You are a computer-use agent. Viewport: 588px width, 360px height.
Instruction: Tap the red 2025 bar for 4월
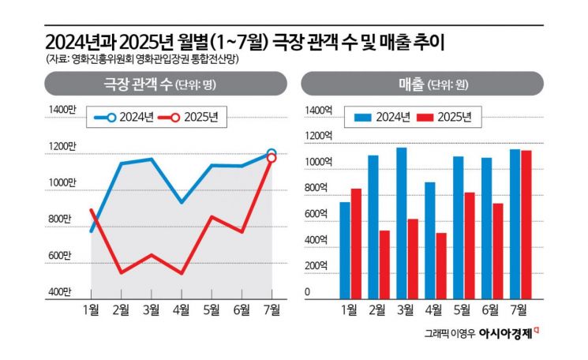pyautogui.click(x=441, y=264)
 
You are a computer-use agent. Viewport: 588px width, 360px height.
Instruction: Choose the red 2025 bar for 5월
pyautogui.click(x=469, y=244)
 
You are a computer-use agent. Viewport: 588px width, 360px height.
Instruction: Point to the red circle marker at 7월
pyautogui.click(x=272, y=159)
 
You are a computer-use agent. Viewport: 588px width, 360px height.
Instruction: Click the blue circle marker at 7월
pyautogui.click(x=272, y=153)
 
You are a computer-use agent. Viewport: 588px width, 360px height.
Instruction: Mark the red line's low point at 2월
pyautogui.click(x=122, y=273)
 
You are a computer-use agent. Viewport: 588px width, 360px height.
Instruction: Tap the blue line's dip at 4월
pyautogui.click(x=182, y=203)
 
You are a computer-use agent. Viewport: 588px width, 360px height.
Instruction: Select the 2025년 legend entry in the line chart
pyautogui.click(x=193, y=118)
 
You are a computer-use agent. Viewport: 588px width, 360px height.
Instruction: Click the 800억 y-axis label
pyautogui.click(x=317, y=188)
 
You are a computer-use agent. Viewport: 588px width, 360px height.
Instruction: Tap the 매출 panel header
pyautogui.click(x=422, y=84)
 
